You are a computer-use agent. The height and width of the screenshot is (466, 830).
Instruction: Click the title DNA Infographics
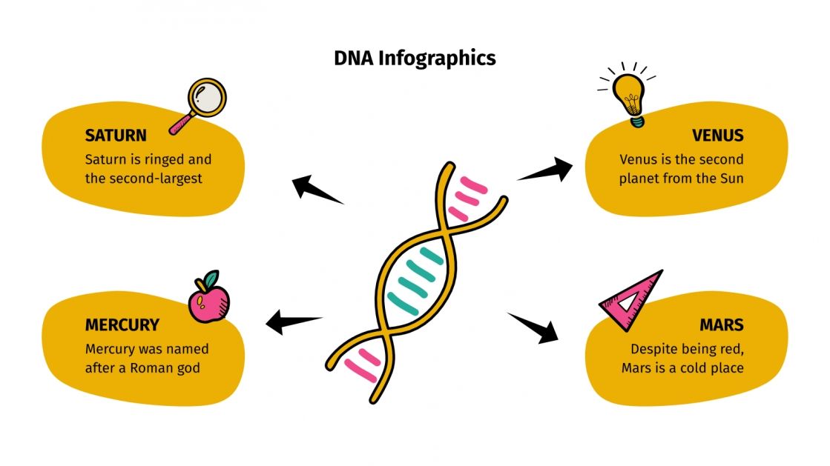click(x=415, y=58)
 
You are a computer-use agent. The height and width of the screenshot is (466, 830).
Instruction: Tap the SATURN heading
click(x=116, y=136)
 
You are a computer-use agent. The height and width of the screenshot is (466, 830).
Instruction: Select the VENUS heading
click(x=717, y=136)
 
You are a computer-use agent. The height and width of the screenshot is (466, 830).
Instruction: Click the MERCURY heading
click(x=122, y=324)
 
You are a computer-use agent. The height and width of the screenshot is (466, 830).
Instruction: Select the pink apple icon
click(x=208, y=298)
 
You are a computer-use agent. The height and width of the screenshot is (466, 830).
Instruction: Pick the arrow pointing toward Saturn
click(x=315, y=189)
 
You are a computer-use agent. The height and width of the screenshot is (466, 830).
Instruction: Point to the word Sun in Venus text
click(x=731, y=179)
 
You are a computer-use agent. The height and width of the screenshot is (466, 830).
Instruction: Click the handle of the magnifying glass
click(x=180, y=124)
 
